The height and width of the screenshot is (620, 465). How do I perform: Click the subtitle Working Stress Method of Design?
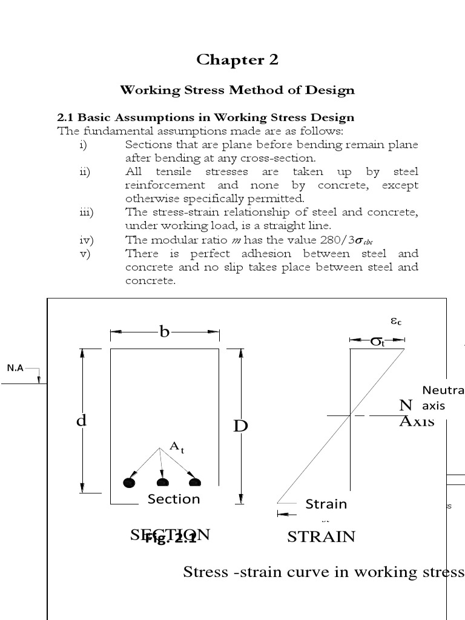pyautogui.click(x=237, y=90)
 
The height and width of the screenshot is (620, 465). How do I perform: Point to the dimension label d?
pyautogui.click(x=81, y=420)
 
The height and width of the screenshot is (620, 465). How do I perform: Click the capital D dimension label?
pyautogui.click(x=241, y=426)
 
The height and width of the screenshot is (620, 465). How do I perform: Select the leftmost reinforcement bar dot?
pyautogui.click(x=128, y=483)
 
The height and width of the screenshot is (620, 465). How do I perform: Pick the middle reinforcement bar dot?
pyautogui.click(x=162, y=483)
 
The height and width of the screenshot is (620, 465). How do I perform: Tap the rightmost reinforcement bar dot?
pyautogui.click(x=194, y=483)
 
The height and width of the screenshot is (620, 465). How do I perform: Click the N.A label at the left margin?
pyautogui.click(x=15, y=368)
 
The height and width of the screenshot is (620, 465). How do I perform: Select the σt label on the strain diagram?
pyautogui.click(x=377, y=342)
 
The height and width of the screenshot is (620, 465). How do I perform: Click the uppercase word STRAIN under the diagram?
pyautogui.click(x=321, y=536)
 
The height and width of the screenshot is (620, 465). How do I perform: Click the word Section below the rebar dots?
pyautogui.click(x=174, y=499)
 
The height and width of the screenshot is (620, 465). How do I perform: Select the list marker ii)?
pyautogui.click(x=84, y=172)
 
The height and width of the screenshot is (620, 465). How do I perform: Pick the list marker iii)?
pyautogui.click(x=85, y=212)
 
